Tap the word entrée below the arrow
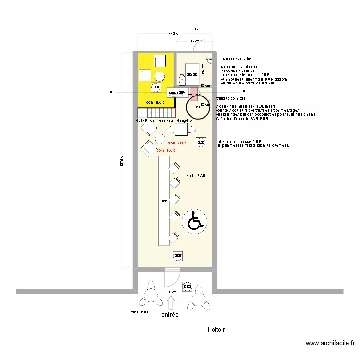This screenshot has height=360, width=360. tap(169, 315)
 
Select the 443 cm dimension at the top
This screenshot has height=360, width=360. tap(174, 34)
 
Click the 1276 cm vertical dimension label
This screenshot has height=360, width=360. tap(122, 160)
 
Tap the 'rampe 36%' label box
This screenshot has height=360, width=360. tap(177, 92)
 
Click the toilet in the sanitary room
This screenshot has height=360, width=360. tap(181, 78)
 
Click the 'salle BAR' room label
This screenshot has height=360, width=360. tap(196, 176)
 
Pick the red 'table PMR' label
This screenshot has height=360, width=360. tap(177, 143)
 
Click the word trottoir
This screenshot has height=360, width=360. tap(216, 330)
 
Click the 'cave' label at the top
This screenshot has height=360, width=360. tap(199, 29)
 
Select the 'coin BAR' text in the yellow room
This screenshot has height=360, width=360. tap(156, 102)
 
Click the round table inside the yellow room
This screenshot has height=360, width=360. tap(159, 75)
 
